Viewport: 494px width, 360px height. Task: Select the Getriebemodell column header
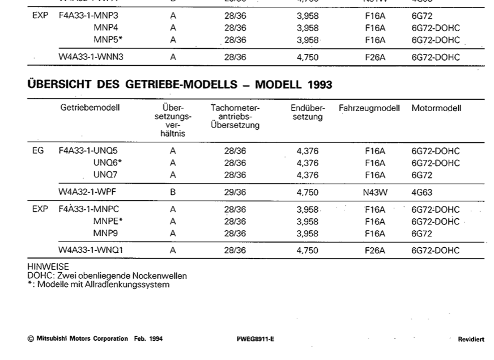click(x=90, y=108)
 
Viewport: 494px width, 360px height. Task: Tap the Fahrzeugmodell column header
click(x=369, y=108)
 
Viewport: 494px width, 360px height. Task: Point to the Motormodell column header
click(x=436, y=108)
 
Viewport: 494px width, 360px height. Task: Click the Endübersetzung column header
click(x=308, y=112)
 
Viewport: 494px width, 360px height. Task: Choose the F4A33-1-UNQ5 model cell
click(x=88, y=151)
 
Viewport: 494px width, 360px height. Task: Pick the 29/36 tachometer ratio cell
click(x=235, y=192)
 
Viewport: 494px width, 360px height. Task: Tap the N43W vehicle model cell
click(x=375, y=193)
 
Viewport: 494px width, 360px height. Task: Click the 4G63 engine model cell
click(x=421, y=193)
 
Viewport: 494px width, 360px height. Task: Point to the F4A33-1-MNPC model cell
click(x=88, y=209)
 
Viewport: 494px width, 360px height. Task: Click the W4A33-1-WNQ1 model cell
click(x=91, y=250)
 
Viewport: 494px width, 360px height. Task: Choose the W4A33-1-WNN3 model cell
click(x=91, y=57)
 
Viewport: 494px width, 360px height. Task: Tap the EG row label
click(x=38, y=151)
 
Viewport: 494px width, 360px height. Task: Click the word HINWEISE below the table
click(x=48, y=266)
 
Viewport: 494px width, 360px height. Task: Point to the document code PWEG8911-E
click(x=255, y=339)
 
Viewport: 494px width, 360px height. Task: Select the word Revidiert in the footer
click(x=471, y=339)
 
